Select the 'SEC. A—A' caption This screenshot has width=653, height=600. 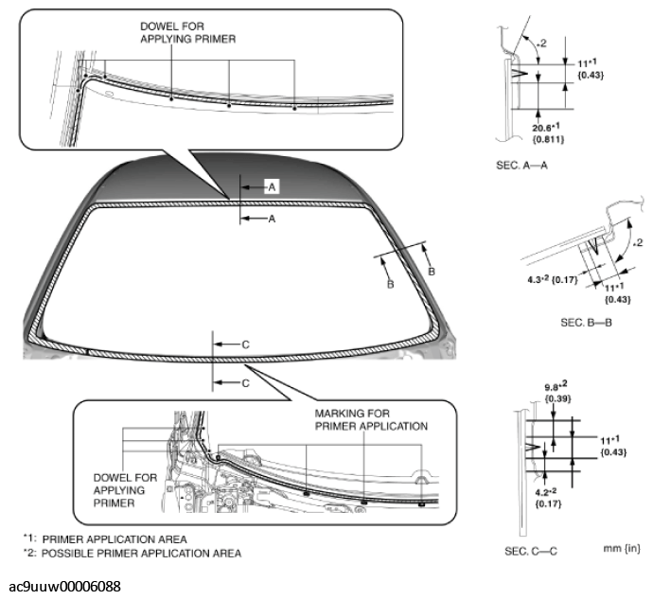[521, 163]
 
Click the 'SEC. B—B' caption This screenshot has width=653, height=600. [586, 323]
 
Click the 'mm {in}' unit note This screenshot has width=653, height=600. [618, 548]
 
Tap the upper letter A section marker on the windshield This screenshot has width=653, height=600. [271, 188]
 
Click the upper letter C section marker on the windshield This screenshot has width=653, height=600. [245, 345]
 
